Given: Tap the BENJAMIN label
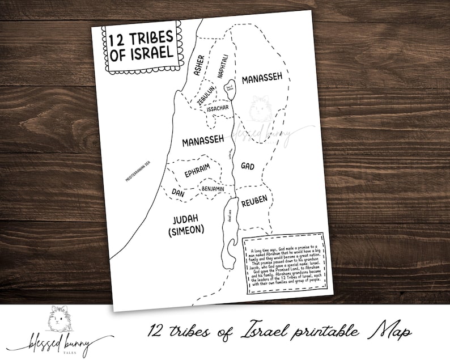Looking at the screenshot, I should click(213, 188).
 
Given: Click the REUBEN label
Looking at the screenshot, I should click(254, 202).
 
